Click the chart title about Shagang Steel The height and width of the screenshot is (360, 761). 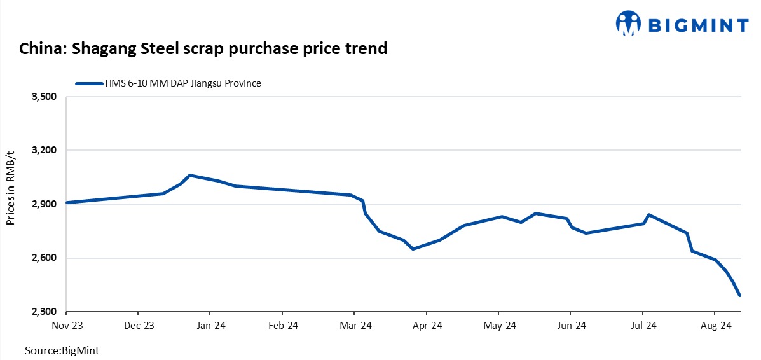click(x=203, y=49)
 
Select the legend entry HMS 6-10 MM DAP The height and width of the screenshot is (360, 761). click(x=168, y=83)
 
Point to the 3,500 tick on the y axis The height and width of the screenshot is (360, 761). click(x=45, y=97)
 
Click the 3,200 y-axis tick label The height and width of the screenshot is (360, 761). click(x=45, y=151)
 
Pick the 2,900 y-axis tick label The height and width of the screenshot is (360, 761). click(x=45, y=204)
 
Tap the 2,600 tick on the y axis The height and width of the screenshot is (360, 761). click(x=45, y=258)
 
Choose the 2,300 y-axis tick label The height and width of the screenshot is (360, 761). click(x=45, y=312)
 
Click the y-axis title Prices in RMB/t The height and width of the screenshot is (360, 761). click(x=11, y=188)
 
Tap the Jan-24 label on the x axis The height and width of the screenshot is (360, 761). click(x=210, y=326)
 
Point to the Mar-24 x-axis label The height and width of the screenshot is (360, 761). click(x=355, y=326)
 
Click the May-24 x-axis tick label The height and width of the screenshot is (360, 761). click(x=499, y=326)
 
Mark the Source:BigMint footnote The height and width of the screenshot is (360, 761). click(x=62, y=350)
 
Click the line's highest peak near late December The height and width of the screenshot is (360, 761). click(x=190, y=175)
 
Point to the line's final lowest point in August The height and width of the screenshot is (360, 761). click(x=739, y=295)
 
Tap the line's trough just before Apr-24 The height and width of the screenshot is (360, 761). click(x=413, y=249)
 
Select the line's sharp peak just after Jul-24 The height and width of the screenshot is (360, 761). click(x=648, y=214)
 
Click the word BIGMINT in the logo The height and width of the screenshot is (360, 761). click(x=698, y=25)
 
